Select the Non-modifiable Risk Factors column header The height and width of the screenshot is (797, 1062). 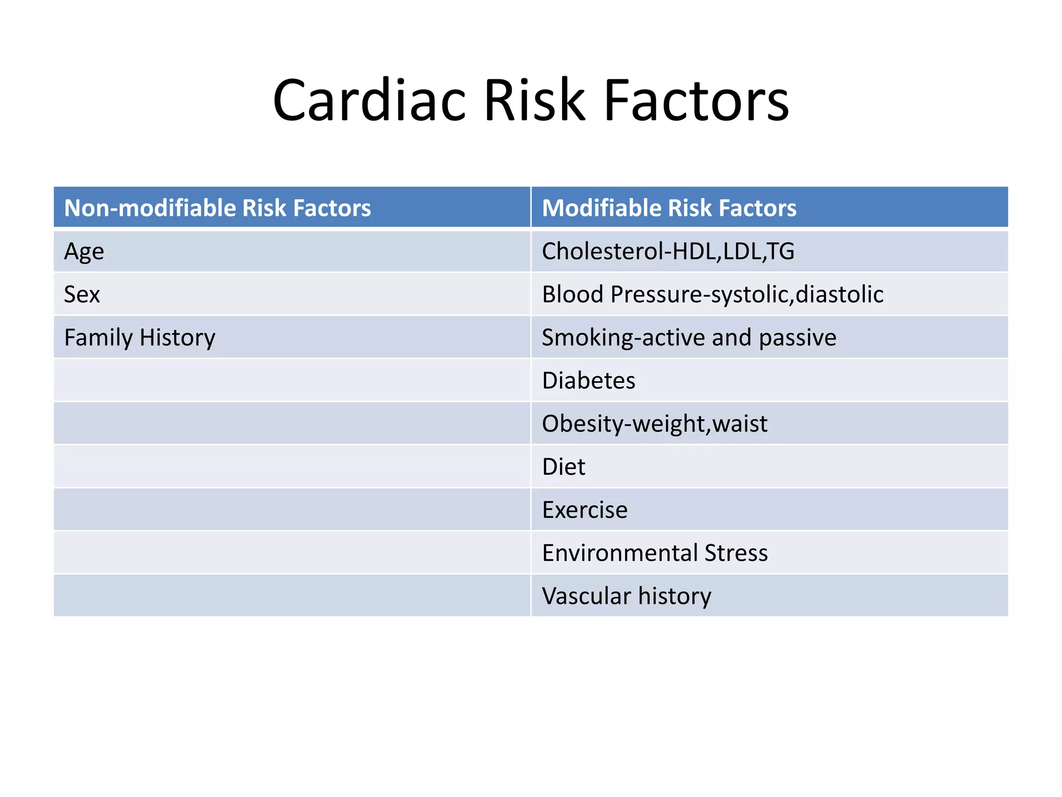[217, 208]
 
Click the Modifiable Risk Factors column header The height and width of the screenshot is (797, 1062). [669, 208]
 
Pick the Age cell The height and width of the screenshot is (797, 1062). [84, 252]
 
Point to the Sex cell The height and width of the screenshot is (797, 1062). [82, 295]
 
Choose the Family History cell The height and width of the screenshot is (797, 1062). [139, 338]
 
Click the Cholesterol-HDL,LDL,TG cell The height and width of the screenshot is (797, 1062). [668, 251]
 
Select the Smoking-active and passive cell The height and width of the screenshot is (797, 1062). [689, 338]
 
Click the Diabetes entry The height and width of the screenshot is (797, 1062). [589, 381]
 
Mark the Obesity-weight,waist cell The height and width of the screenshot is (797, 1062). [654, 424]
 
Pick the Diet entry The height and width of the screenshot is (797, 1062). [564, 467]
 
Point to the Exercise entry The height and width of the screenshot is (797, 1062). [584, 510]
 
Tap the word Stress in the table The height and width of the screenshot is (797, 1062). [736, 553]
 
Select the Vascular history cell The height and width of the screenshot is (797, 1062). [626, 596]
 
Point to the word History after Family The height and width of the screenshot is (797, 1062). [177, 338]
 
